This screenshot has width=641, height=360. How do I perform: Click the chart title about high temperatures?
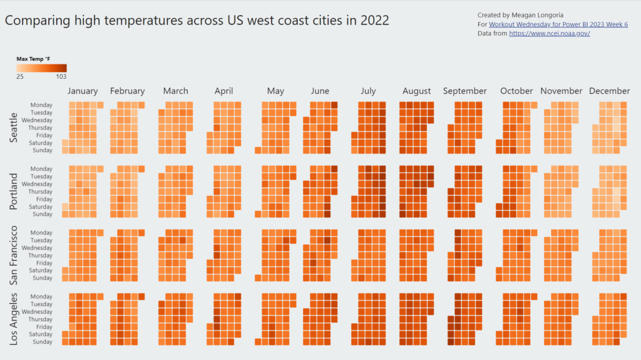[x=197, y=21]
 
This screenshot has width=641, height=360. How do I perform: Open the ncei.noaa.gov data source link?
[x=549, y=33]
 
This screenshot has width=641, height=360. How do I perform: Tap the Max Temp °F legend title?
[x=34, y=59]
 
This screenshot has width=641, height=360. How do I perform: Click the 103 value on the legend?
[x=61, y=76]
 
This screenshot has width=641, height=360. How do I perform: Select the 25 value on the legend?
[x=20, y=76]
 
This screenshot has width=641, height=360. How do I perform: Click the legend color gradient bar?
[x=41, y=68]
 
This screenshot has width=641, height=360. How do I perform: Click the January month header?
[x=83, y=91]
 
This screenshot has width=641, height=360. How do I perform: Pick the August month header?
[x=416, y=91]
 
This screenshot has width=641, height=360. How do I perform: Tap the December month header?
[x=609, y=91]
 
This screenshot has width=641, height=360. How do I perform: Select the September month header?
[x=464, y=91]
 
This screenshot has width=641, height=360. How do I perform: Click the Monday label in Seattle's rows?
[x=41, y=105]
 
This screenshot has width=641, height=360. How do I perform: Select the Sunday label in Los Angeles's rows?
[x=43, y=342]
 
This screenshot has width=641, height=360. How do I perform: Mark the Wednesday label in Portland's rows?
[x=38, y=184]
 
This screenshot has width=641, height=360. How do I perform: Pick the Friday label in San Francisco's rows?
[x=44, y=263]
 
